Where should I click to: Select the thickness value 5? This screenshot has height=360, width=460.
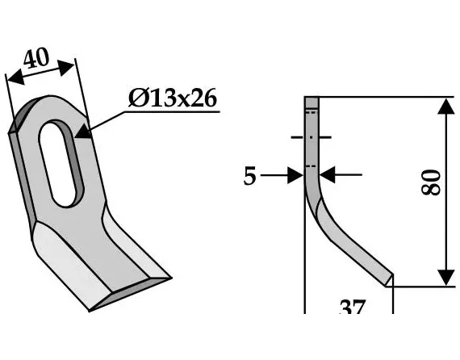(x=250, y=175)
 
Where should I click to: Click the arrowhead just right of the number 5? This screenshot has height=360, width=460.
(x=295, y=174)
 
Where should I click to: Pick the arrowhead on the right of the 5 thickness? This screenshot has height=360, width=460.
(x=328, y=174)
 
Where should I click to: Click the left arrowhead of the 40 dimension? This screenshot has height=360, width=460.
(x=13, y=79)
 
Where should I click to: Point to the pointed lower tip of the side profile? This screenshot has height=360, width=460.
(x=388, y=282)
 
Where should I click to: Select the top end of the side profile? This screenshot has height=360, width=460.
(x=312, y=99)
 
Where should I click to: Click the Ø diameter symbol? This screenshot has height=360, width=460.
(x=136, y=101)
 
